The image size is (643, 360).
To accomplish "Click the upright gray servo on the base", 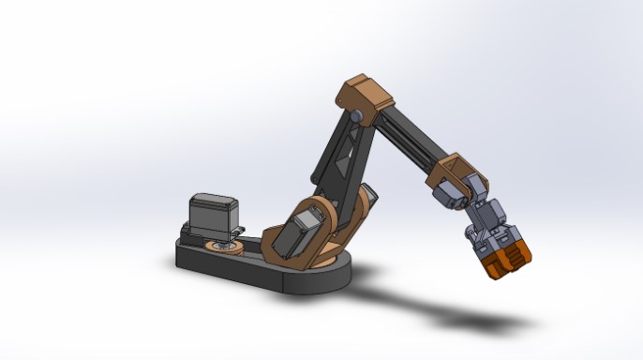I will click(x=212, y=215).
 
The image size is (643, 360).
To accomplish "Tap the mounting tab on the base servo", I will click(x=240, y=230).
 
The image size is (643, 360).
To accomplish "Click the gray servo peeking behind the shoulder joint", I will click(x=369, y=200).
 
